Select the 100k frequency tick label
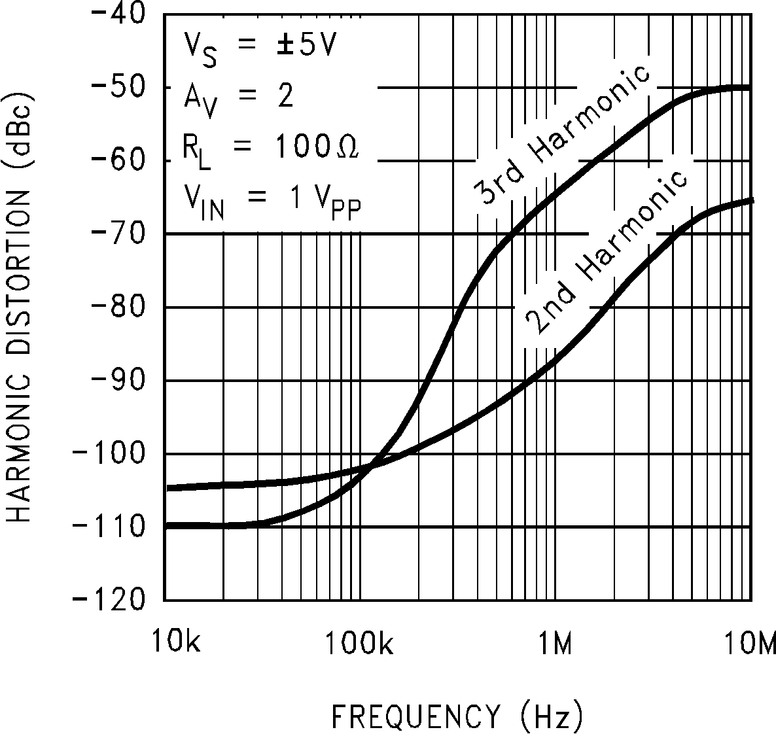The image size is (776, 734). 359,644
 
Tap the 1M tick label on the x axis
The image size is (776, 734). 556,644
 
